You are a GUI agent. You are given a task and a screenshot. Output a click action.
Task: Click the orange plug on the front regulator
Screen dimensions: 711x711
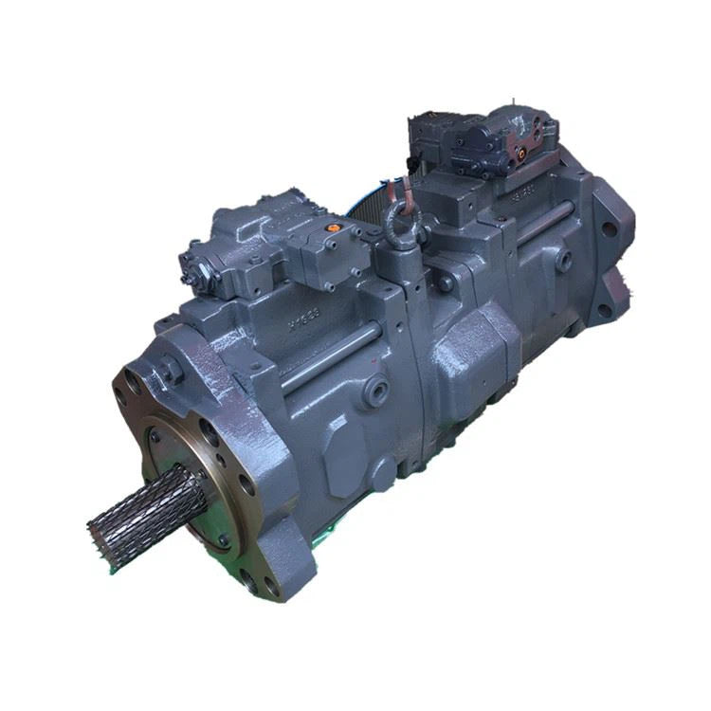coord(331,228)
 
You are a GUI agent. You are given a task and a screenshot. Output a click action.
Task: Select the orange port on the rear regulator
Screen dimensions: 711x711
coord(520,149)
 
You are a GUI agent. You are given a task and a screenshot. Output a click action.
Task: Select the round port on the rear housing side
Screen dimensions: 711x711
coord(563,259)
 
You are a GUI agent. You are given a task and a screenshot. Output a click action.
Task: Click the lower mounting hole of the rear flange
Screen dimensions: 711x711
coord(604,309)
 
